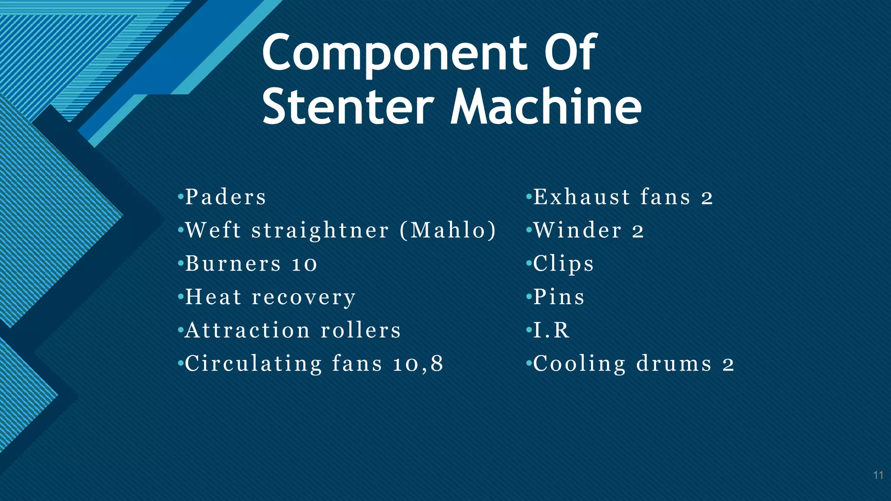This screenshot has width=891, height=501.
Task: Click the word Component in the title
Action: pyautogui.click(x=390, y=54)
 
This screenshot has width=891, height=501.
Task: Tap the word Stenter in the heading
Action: pyautogui.click(x=348, y=107)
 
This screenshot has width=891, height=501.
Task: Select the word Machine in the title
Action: pyautogui.click(x=546, y=106)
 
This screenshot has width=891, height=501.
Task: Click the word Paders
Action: pyautogui.click(x=225, y=197)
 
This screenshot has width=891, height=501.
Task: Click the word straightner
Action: pyautogui.click(x=320, y=231)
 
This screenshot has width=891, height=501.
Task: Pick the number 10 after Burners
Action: pyautogui.click(x=305, y=264)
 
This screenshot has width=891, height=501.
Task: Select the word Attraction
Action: pyautogui.click(x=247, y=331)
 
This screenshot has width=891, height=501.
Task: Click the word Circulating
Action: pyautogui.click(x=253, y=364)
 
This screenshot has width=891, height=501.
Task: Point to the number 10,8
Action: pyautogui.click(x=418, y=364)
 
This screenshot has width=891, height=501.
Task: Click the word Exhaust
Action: pyautogui.click(x=581, y=197)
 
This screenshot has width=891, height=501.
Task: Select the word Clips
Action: pyautogui.click(x=563, y=264)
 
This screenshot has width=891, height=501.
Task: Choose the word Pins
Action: pyautogui.click(x=559, y=297)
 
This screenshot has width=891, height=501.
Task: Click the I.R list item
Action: pyautogui.click(x=551, y=331)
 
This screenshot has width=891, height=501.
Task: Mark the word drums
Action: pyautogui.click(x=674, y=364)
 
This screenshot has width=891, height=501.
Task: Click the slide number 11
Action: pyautogui.click(x=878, y=475)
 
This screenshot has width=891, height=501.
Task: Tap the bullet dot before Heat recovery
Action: pyautogui.click(x=181, y=297)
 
